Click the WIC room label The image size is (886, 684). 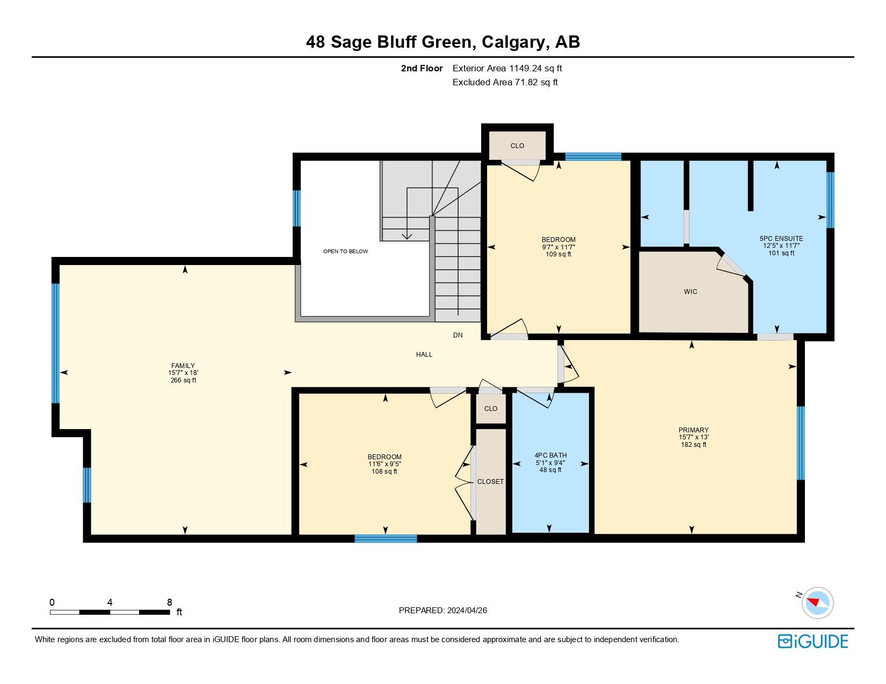(691, 292)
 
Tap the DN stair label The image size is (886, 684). (457, 335)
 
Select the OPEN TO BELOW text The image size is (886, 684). (345, 252)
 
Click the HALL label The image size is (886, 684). (424, 355)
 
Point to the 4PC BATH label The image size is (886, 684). (550, 455)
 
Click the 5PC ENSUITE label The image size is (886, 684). (781, 239)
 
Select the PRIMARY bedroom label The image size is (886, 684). (693, 430)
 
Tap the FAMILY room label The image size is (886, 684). (183, 366)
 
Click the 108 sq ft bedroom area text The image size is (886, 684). (384, 472)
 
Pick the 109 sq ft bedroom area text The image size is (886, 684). (558, 254)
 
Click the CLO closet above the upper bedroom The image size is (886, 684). (517, 146)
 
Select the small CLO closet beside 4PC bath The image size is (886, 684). (491, 409)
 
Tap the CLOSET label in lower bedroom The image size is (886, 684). (490, 482)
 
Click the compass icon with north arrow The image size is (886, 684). (817, 602)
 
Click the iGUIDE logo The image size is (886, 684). (813, 642)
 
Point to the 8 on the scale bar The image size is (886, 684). (170, 602)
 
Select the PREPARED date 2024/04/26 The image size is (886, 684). (443, 611)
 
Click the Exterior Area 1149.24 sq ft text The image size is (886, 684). (507, 69)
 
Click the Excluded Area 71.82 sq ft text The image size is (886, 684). (505, 83)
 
